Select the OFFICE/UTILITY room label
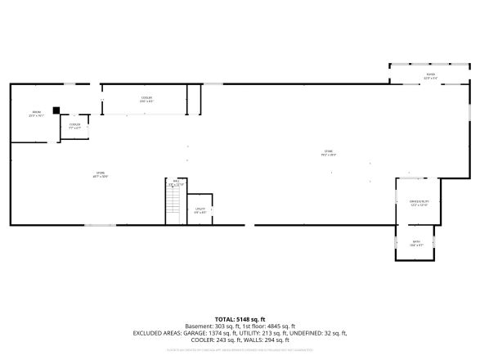[419, 203]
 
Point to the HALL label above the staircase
[176, 184]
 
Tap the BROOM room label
[36, 114]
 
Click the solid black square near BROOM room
[56, 110]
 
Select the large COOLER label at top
[146, 99]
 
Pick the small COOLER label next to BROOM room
[74, 126]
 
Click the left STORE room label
[101, 173]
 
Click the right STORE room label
[329, 152]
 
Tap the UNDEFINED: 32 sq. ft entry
[314, 333]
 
